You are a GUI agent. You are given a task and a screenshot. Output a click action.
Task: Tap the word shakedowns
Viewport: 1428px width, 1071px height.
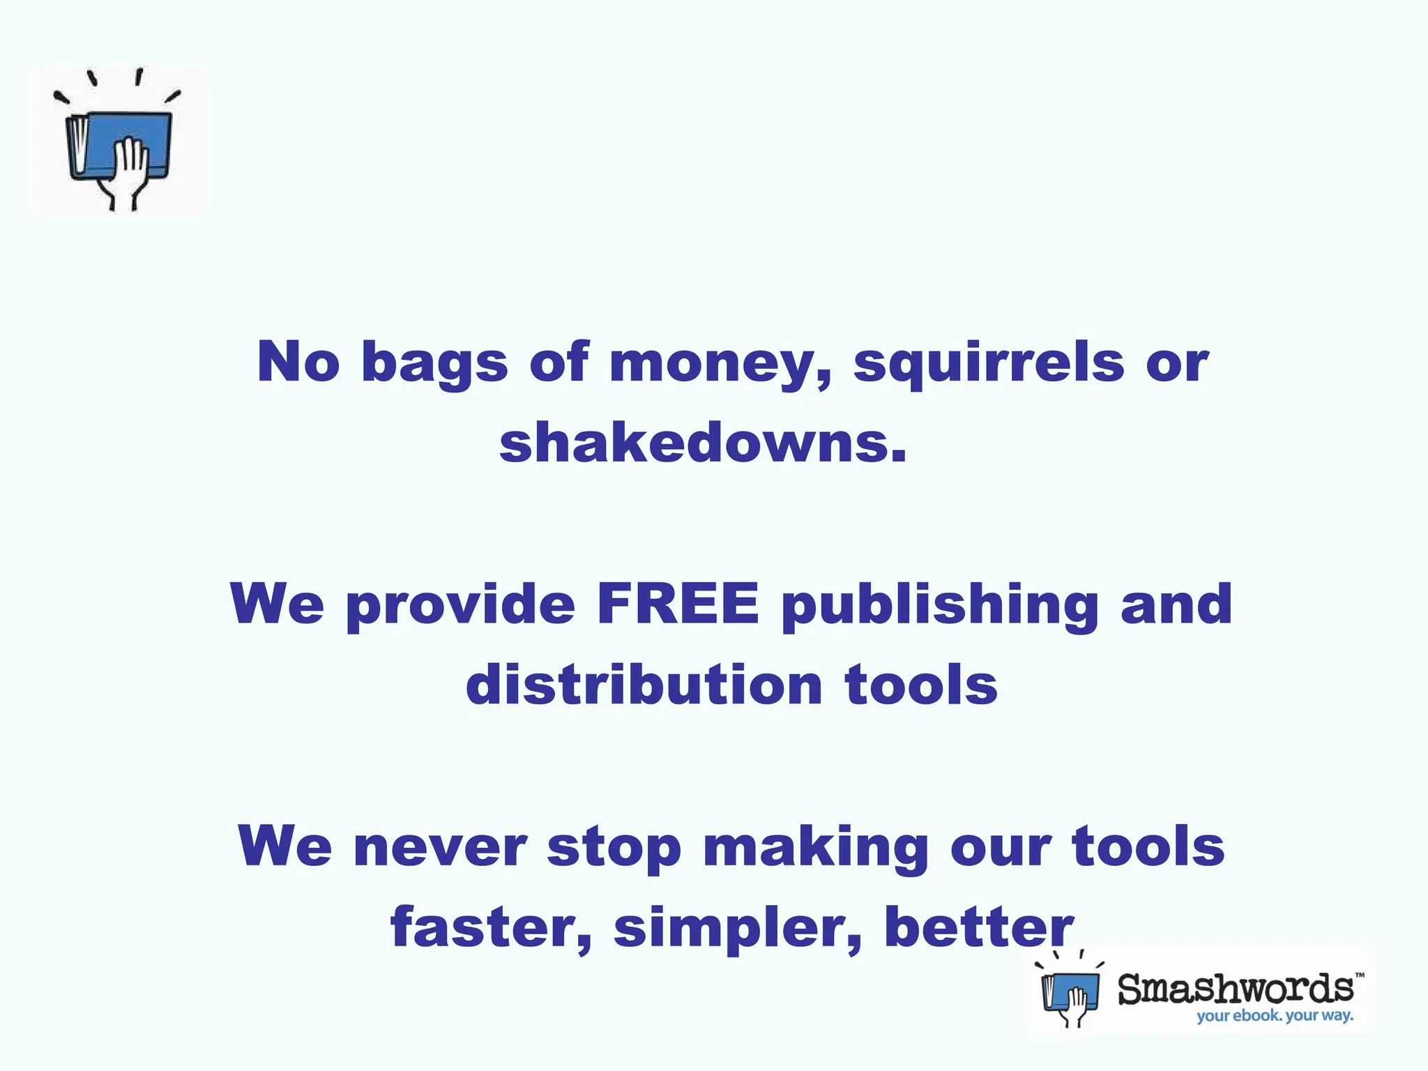(703, 443)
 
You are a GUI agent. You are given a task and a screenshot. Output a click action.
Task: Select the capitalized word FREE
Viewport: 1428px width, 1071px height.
(678, 604)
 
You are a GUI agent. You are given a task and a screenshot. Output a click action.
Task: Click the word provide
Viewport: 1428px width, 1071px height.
(460, 605)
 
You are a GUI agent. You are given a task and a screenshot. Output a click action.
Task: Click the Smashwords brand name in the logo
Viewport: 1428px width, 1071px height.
(1236, 989)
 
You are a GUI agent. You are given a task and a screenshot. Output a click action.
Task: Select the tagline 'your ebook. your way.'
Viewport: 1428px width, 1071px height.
(1275, 1015)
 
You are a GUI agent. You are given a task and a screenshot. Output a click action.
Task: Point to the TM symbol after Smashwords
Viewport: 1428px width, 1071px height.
(1360, 975)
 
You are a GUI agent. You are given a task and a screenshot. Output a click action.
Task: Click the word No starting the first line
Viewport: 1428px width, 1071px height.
(298, 363)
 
